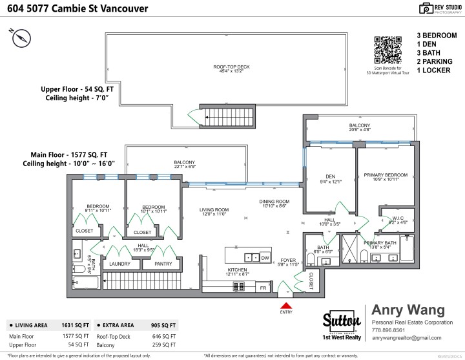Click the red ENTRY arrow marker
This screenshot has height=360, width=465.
(284, 304)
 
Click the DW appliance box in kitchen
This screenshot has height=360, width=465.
(265, 257)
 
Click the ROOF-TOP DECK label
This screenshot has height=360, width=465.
(231, 69)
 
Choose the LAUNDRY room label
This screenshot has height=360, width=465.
(120, 264)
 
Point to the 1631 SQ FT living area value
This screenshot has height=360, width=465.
(74, 325)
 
